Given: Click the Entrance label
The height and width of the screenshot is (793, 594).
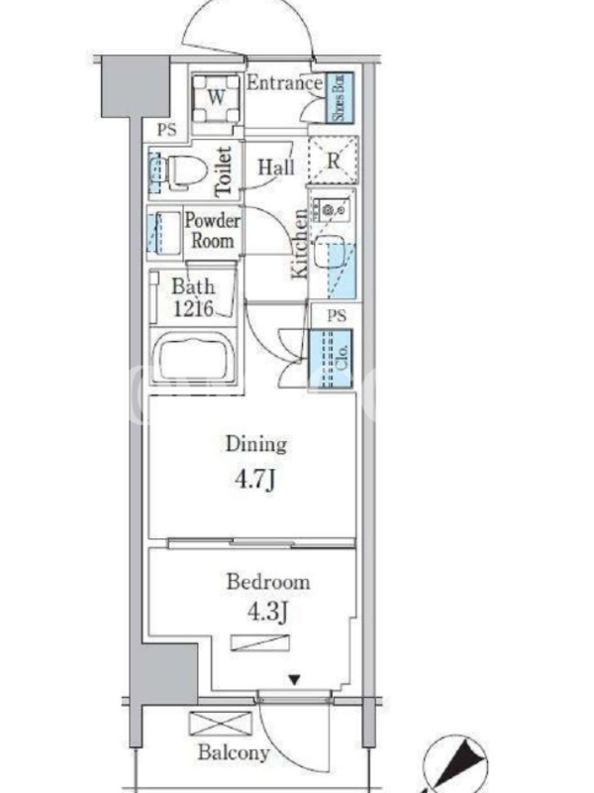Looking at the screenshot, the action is coord(284,83).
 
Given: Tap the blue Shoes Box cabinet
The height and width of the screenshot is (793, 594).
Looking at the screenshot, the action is coord(339,97).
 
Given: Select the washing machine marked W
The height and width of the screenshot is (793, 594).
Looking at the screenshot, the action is coord(217,98).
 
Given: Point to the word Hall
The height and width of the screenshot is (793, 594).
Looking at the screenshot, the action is coord(276,167).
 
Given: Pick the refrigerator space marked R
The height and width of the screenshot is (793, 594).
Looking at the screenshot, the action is coord(334,160).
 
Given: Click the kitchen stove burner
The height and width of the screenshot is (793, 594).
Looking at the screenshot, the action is coord(331,209).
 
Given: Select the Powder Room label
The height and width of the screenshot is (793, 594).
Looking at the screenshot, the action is coord(212,231).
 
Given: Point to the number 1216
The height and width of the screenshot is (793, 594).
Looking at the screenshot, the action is coord(193,308).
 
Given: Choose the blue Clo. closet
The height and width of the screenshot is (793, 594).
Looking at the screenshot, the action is coord(331,359).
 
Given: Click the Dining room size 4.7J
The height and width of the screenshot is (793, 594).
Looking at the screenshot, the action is coord(255,480).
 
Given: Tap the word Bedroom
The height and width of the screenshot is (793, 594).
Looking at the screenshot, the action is coord(268,582).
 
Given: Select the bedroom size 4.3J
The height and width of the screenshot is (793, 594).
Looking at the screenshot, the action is coord(267,613).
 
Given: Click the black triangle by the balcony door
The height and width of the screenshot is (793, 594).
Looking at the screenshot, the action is coord(294,680).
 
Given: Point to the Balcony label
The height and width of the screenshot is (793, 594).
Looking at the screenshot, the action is coord(234,752).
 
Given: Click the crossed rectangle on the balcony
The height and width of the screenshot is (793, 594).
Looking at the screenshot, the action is coord(220,724).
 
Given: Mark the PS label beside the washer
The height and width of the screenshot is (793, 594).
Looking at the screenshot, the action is coord(166,130).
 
